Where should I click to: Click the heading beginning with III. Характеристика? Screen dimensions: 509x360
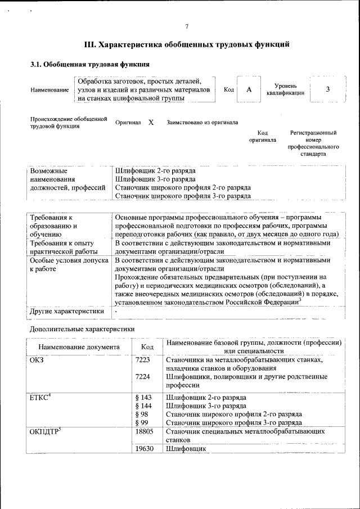[187, 44]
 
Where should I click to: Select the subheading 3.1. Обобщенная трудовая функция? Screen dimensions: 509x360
[89, 64]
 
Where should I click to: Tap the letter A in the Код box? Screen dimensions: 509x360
[249, 89]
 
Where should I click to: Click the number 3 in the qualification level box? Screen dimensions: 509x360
[328, 89]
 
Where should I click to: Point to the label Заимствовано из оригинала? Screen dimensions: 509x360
[202, 122]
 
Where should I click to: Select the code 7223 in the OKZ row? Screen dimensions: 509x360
[143, 360]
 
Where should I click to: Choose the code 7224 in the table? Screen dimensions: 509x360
[143, 377]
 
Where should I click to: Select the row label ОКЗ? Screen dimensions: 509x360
[36, 360]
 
